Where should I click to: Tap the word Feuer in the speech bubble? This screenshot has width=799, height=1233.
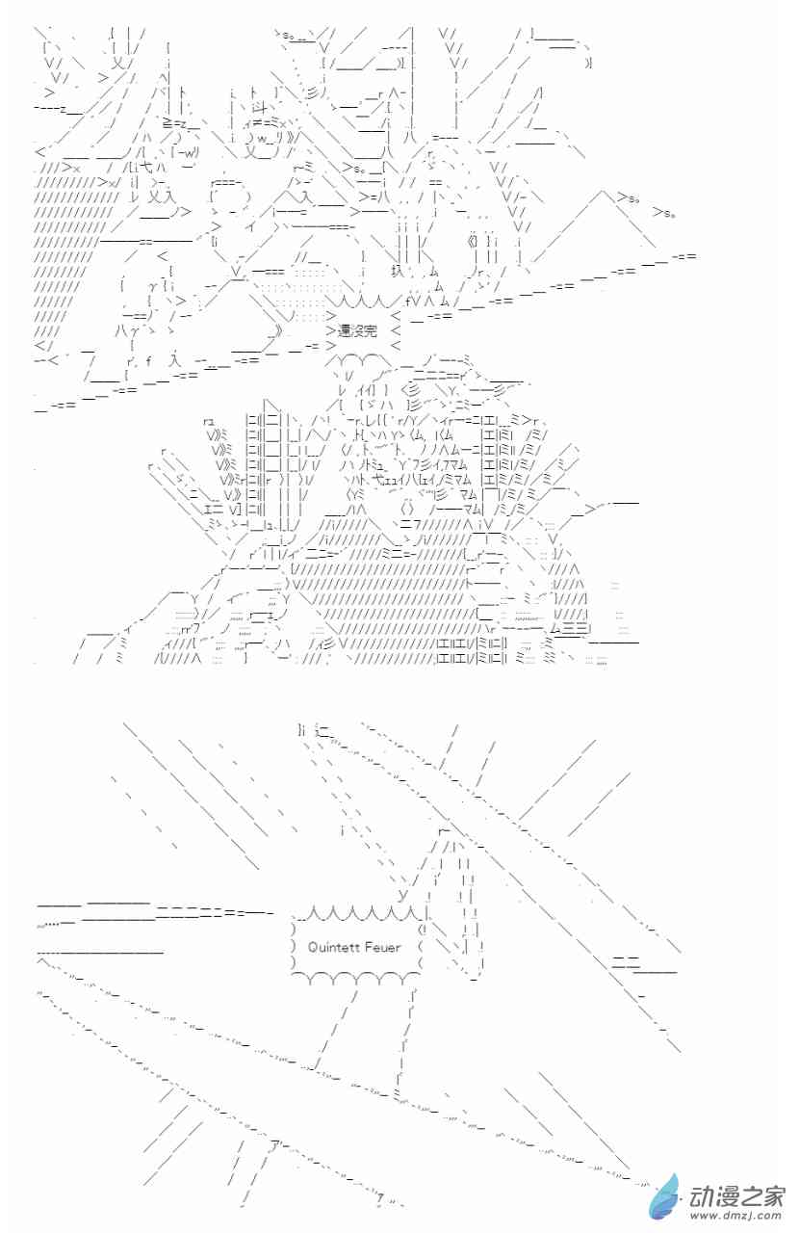coord(385,947)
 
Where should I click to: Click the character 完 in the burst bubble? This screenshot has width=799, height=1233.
coord(370,330)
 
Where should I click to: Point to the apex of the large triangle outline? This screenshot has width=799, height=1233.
coord(606,192)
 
